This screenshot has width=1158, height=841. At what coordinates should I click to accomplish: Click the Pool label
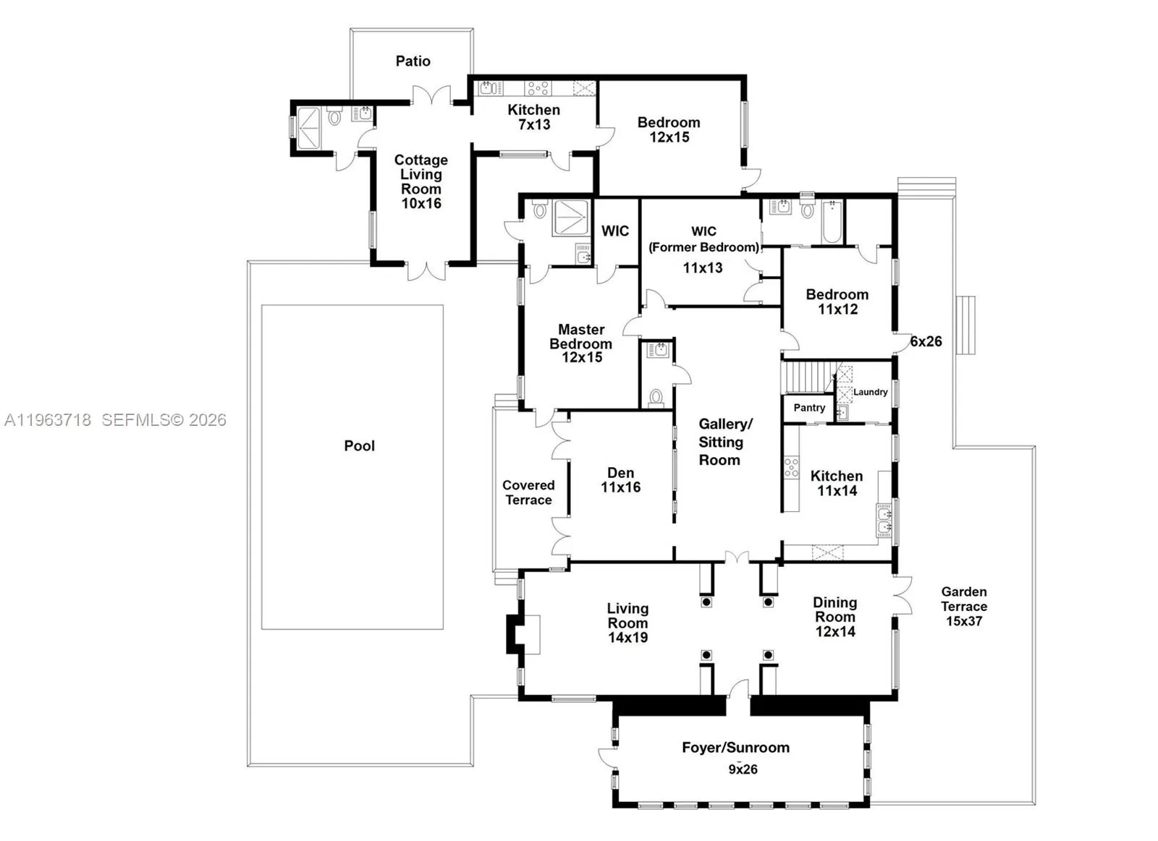(359, 446)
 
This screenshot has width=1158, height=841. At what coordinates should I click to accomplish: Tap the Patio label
(413, 61)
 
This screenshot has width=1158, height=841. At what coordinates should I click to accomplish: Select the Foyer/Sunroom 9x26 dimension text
(743, 769)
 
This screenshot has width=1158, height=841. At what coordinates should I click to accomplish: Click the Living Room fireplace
(523, 634)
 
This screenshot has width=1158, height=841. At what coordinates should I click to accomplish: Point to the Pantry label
(809, 408)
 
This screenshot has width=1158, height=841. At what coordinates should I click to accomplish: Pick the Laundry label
(870, 392)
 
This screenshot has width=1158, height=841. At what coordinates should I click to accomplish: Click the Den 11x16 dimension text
(620, 487)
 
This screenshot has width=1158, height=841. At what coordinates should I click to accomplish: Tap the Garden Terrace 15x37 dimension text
(964, 621)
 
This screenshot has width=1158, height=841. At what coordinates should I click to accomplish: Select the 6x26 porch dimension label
(926, 341)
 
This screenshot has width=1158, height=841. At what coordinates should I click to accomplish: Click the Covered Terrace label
(528, 492)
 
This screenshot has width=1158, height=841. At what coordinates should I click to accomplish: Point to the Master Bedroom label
(581, 336)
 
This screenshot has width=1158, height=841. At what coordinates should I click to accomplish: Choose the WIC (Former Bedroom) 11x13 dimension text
(703, 268)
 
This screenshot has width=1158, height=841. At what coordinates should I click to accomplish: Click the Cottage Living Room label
(420, 174)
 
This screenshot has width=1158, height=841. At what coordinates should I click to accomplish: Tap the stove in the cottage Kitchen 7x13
(538, 88)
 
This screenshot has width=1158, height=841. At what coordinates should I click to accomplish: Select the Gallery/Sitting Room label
(724, 442)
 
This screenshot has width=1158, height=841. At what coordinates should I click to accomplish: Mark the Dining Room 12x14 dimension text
(835, 631)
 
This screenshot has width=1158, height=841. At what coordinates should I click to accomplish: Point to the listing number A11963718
(48, 419)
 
